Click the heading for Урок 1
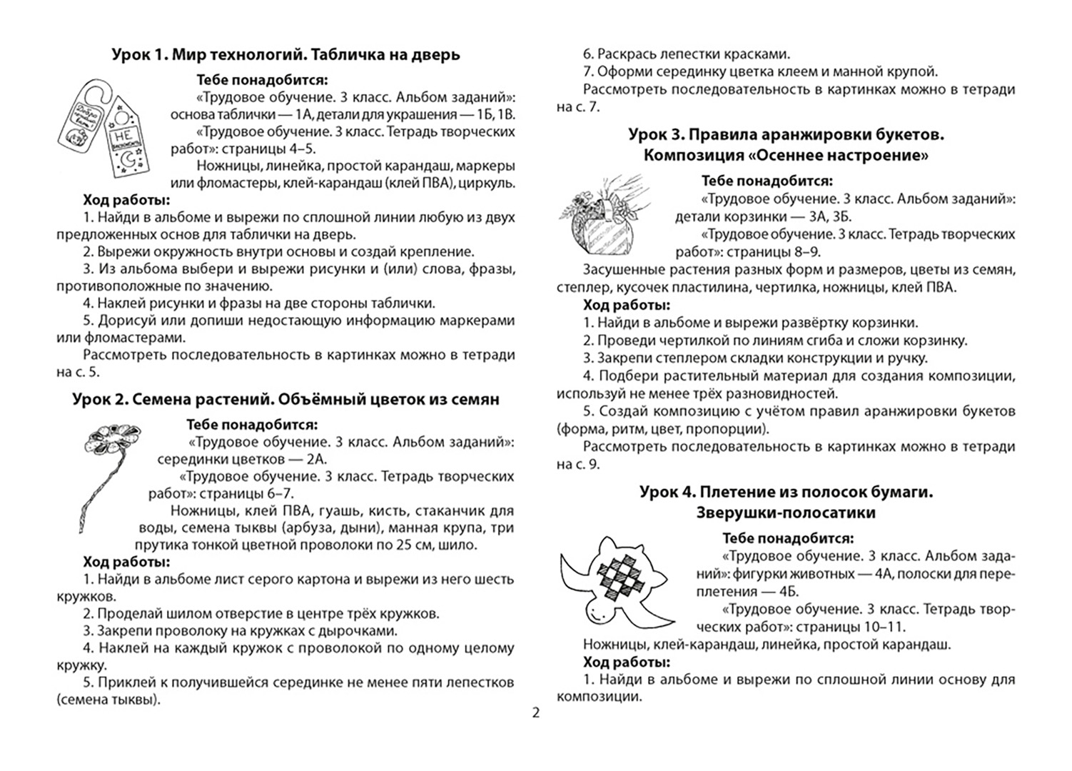(x=285, y=54)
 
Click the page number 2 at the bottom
(x=536, y=712)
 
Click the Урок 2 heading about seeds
(x=285, y=400)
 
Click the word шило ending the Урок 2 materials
(x=462, y=545)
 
